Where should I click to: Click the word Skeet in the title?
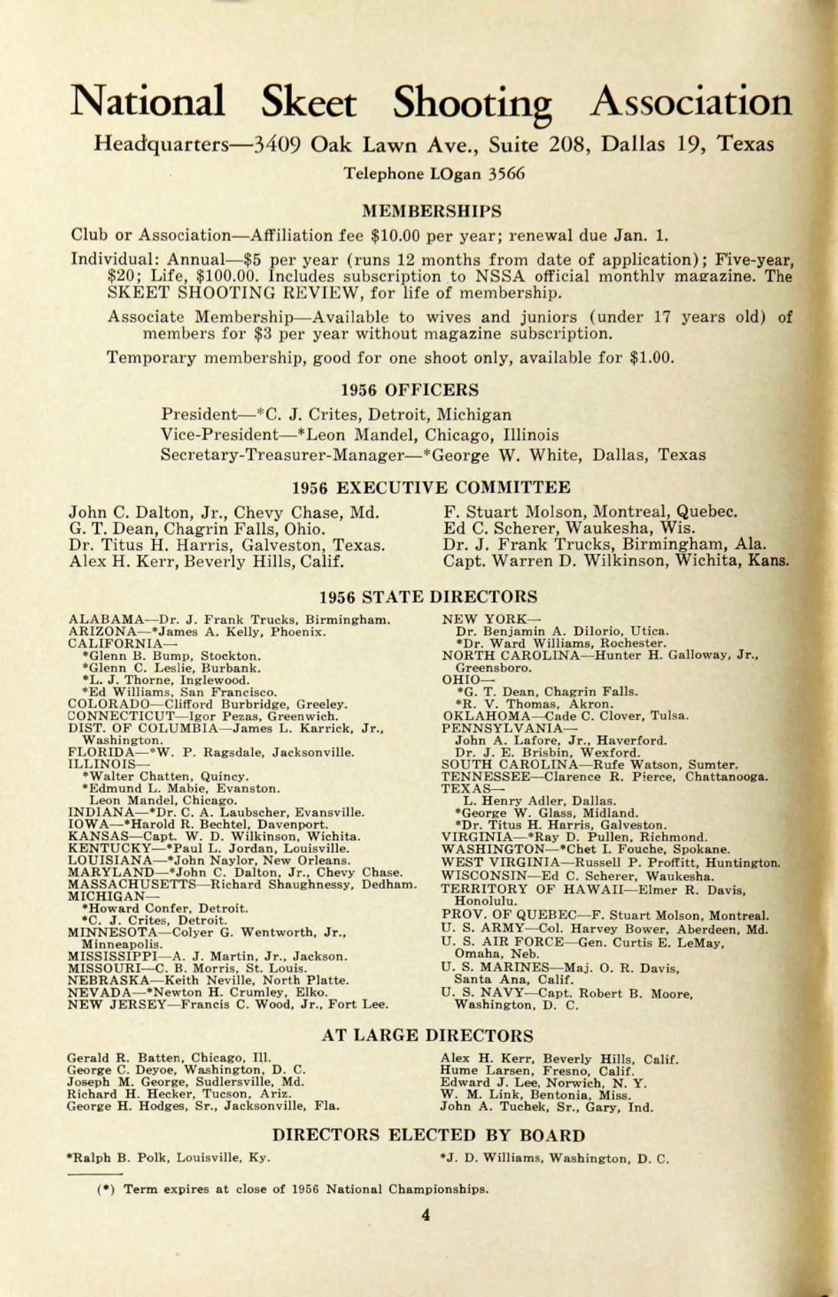pos(308,102)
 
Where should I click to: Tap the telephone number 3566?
pos(506,174)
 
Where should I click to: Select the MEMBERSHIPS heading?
pos(431,211)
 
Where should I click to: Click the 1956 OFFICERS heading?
pos(410,390)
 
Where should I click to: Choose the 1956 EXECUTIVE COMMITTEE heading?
pos(431,487)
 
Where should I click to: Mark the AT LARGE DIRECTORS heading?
pos(427,1036)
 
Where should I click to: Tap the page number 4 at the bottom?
pos(425,1215)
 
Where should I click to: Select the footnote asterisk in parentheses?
pos(106,1189)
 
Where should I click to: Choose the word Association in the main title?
pos(691,102)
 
